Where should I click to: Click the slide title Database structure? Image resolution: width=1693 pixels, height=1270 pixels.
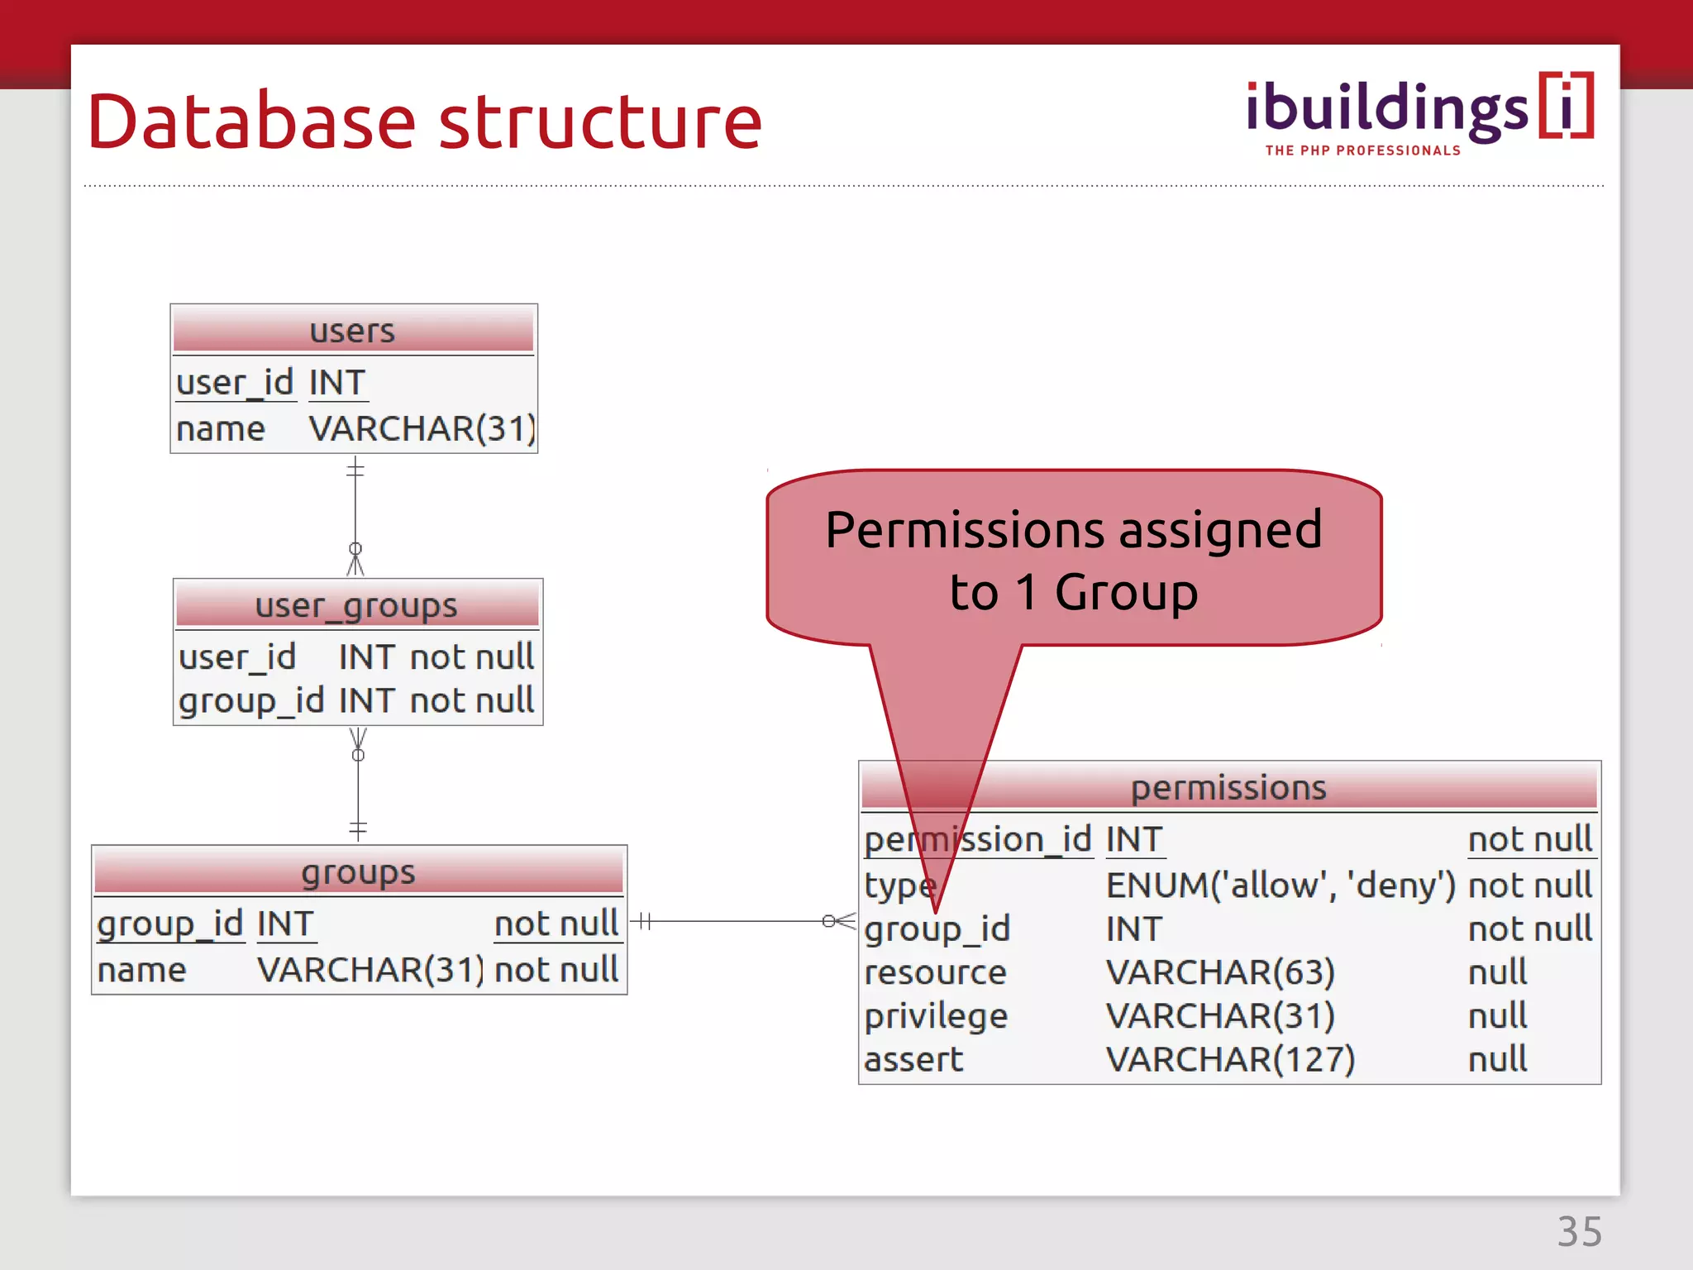[424, 122]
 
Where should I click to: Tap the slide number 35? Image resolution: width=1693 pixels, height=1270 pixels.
[1580, 1232]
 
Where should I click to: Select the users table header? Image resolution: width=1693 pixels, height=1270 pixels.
[353, 331]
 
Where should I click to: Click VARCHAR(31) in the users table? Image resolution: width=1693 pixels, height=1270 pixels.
[422, 429]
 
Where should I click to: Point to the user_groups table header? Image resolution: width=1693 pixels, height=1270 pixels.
[356, 605]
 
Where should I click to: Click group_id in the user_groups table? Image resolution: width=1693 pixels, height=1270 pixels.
[251, 701]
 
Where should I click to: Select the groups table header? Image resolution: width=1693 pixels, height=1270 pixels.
[358, 872]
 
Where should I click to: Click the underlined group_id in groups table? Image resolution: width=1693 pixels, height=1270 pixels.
[169, 924]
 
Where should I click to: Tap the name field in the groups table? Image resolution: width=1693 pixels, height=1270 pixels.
[141, 970]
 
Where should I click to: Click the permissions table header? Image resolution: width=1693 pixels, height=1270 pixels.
[1228, 787]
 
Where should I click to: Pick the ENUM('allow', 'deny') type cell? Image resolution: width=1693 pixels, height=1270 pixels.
[1280, 886]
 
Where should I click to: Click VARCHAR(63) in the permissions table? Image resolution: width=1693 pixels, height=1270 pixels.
[1220, 972]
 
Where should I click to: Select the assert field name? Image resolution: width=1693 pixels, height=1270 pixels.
[913, 1059]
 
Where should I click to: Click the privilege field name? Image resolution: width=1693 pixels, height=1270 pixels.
[936, 1016]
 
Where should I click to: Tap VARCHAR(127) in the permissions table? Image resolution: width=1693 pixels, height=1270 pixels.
[1230, 1059]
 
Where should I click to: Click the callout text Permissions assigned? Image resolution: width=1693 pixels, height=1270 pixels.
[1073, 530]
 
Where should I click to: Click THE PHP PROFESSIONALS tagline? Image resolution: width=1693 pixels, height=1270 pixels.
[1362, 150]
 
